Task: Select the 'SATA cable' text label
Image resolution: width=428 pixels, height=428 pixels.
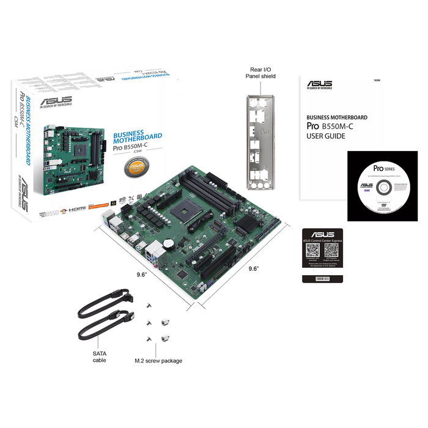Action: (x=99, y=356)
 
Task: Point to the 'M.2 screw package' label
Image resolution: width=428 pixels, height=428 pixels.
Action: (x=158, y=361)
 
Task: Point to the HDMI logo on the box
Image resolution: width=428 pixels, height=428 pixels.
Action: (x=76, y=210)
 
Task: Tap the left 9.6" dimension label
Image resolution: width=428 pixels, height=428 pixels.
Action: (x=142, y=275)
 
